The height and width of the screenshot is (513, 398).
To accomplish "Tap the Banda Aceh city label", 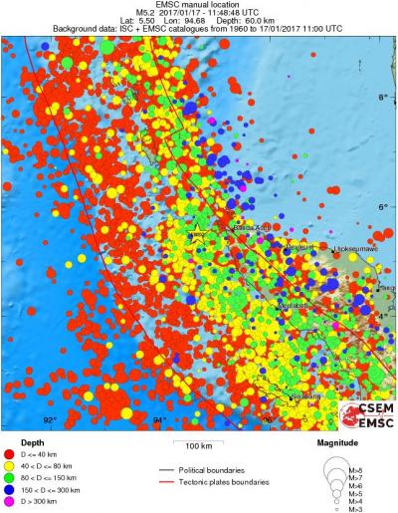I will (252, 228).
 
